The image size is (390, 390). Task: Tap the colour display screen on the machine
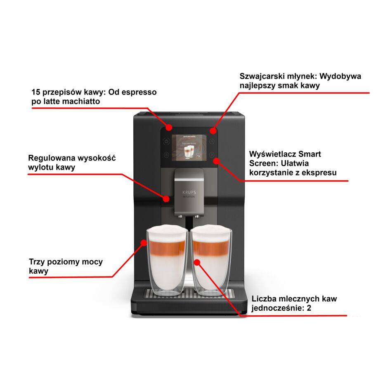click(188, 147)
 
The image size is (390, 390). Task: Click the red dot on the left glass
click(144, 243)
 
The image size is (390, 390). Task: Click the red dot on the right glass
click(197, 262)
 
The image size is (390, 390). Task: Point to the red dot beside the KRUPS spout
click(166, 199)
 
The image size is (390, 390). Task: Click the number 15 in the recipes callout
click(36, 92)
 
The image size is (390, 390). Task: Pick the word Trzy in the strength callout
click(37, 262)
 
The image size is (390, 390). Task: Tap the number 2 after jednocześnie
click(309, 308)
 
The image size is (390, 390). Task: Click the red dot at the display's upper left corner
click(169, 126)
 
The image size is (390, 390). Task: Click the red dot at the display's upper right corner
click(213, 131)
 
